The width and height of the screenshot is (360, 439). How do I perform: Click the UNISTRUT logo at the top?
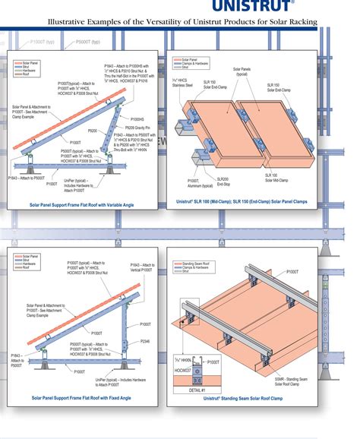(323, 7)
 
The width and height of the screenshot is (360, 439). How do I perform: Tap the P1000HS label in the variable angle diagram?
(136, 119)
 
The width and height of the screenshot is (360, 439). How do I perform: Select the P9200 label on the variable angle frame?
(93, 131)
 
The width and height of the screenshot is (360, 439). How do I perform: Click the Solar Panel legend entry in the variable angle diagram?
(30, 58)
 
